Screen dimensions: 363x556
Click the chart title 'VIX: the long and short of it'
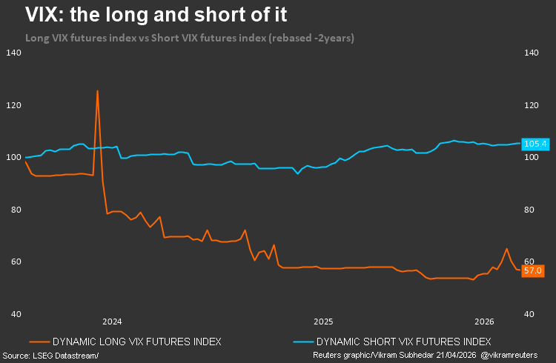click(156, 14)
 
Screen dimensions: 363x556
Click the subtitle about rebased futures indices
click(190, 38)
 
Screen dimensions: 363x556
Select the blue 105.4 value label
click(535, 144)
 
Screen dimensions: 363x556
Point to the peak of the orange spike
click(97, 91)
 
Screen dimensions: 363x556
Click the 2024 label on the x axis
click(112, 322)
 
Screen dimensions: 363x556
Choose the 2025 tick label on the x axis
click(322, 322)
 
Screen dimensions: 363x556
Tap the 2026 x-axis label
click(484, 322)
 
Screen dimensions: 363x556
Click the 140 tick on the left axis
click(13, 53)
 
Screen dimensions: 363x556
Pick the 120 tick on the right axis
click(532, 105)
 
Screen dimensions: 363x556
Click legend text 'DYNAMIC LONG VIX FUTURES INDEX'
click(136, 342)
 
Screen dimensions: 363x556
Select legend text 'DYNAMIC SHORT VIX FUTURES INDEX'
click(403, 342)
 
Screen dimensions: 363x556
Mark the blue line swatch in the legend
click(302, 342)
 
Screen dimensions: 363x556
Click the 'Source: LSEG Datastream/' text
click(50, 356)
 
